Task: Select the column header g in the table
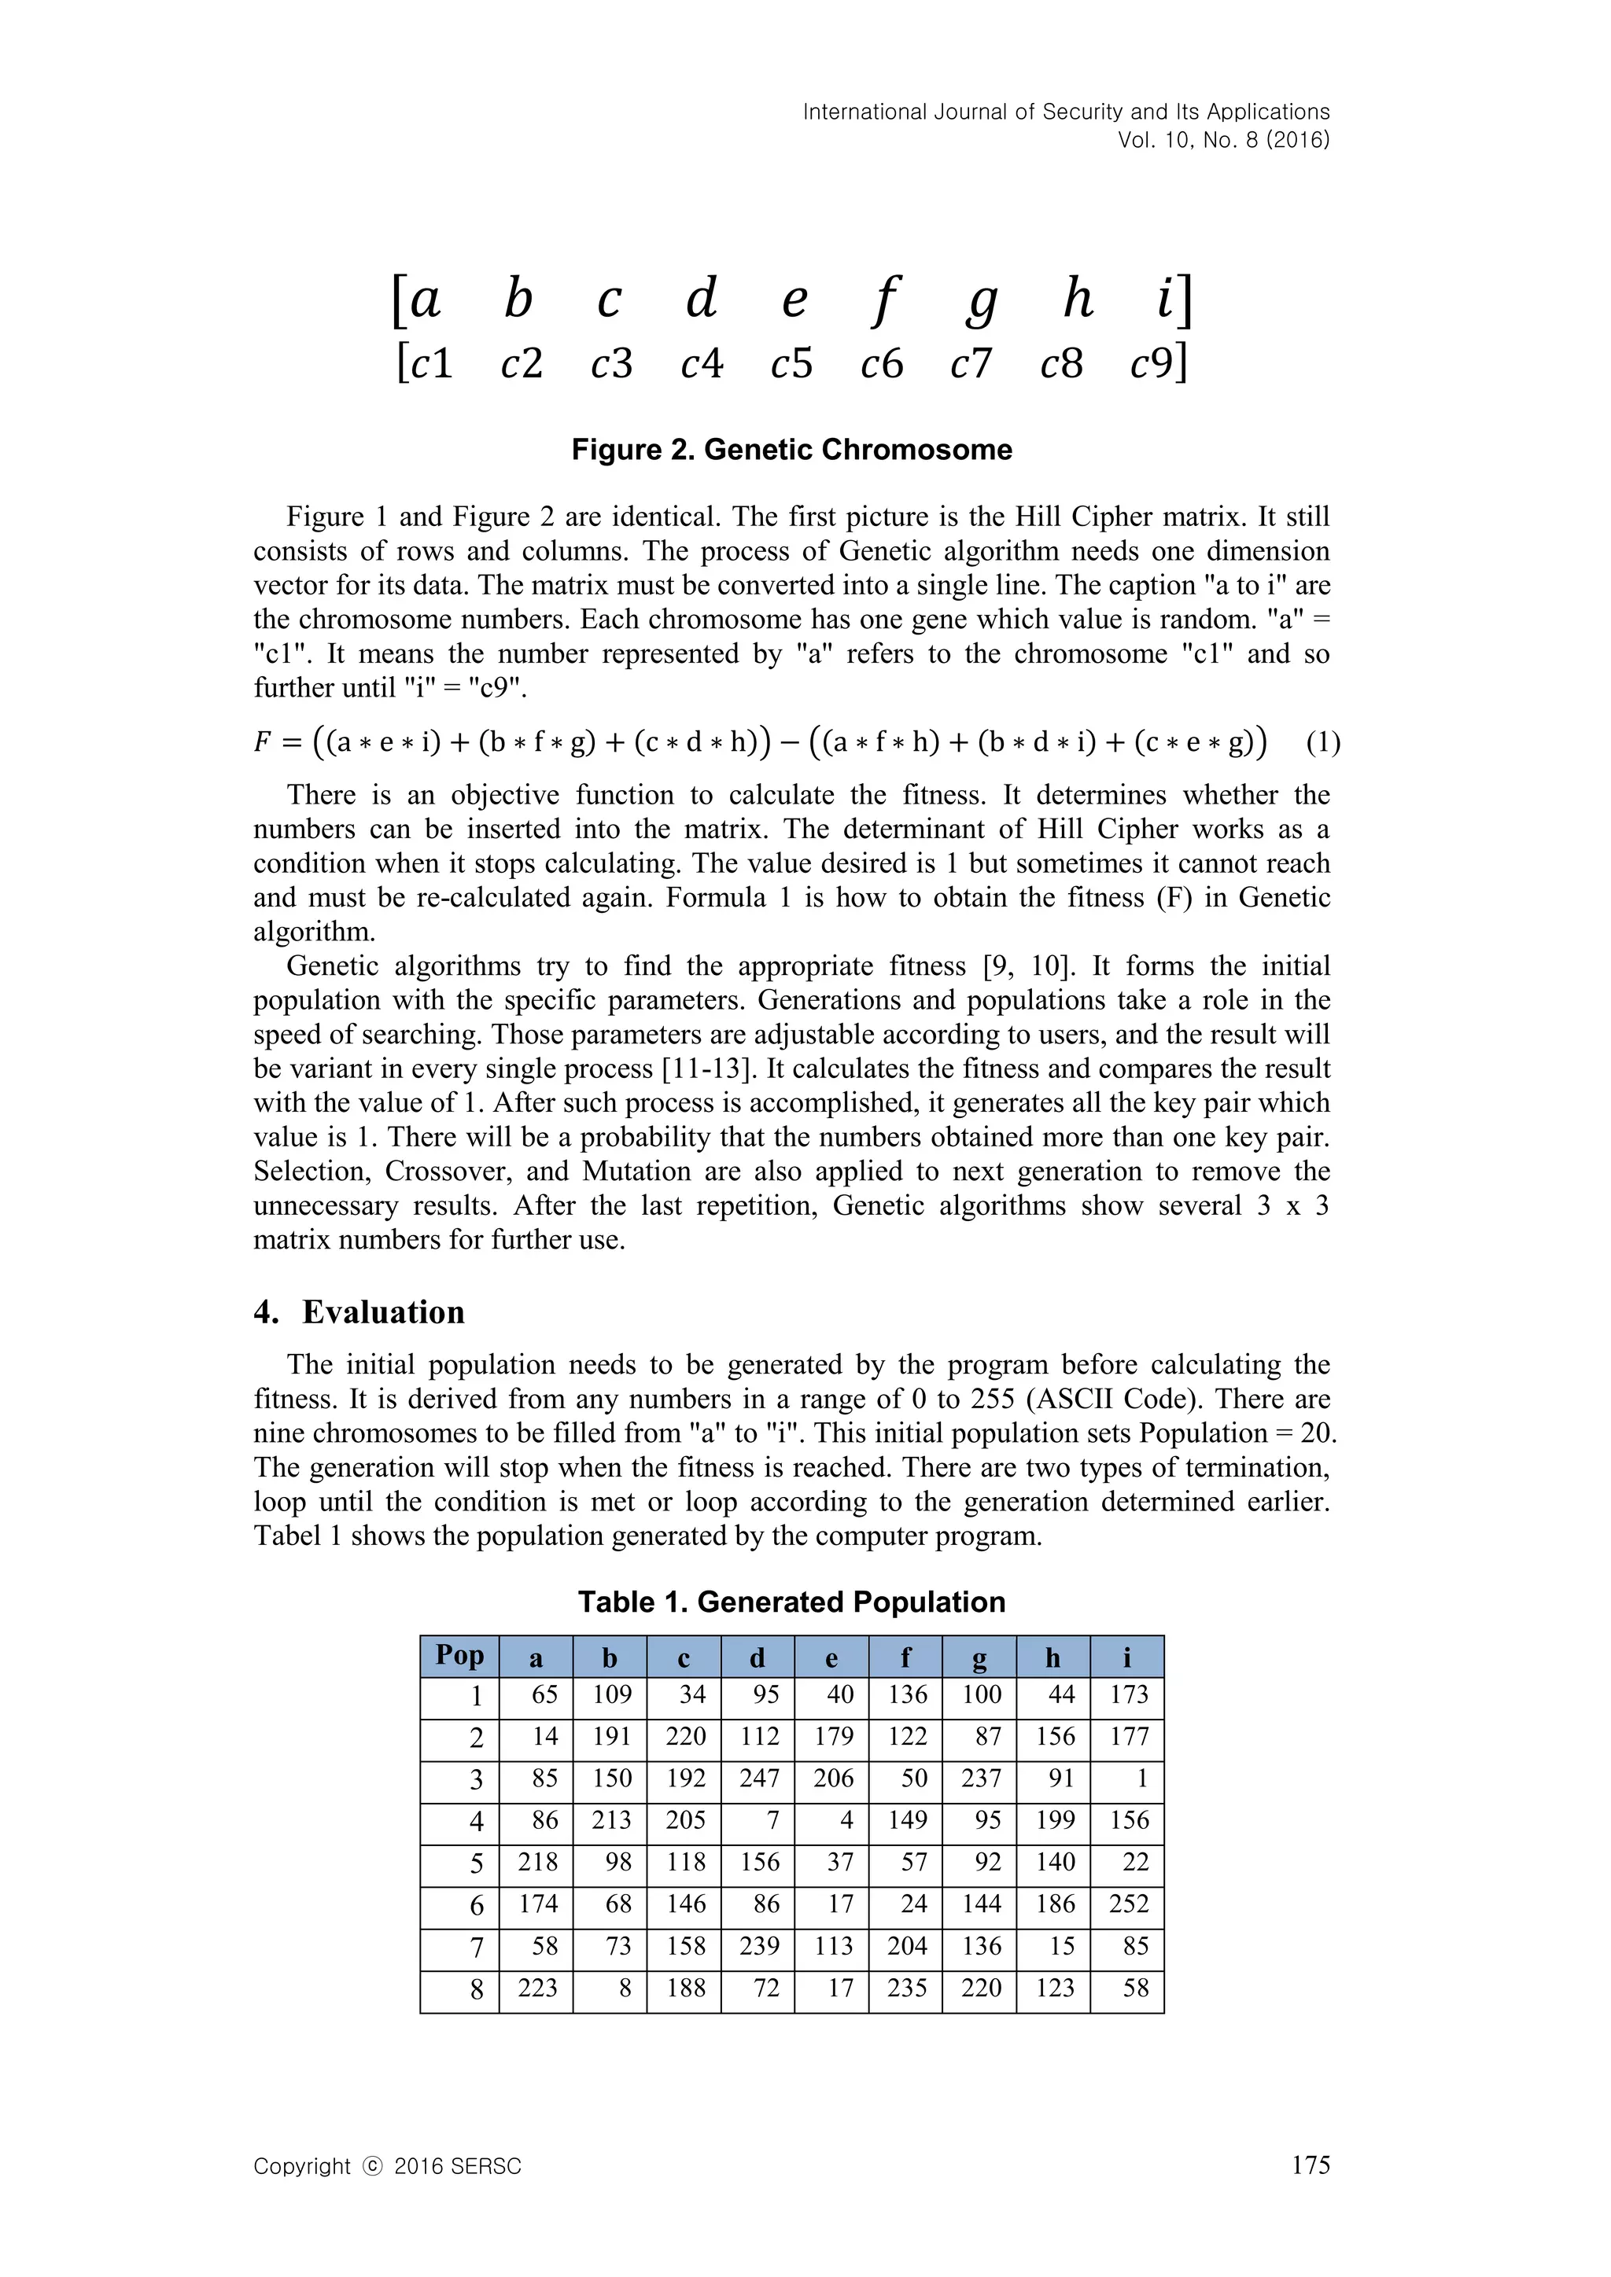979,1658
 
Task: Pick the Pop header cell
459,1656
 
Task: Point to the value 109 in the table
611,1695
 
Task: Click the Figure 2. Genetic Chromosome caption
791,451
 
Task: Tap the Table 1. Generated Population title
791,1602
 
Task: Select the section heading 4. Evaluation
359,1312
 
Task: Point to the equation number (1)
1322,743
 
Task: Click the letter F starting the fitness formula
263,743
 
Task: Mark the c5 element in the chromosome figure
791,364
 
